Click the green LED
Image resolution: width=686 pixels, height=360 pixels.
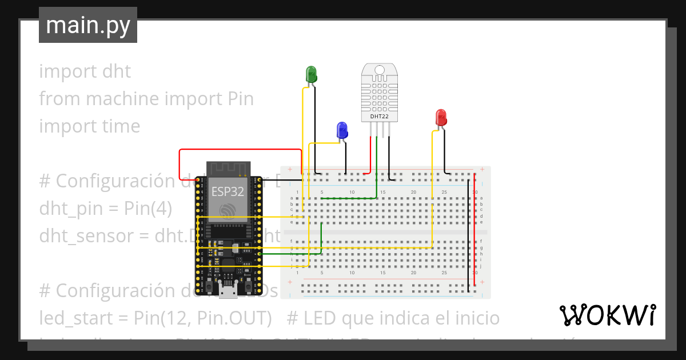pyautogui.click(x=312, y=74)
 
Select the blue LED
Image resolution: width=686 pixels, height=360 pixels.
pyautogui.click(x=342, y=130)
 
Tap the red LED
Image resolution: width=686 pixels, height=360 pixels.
pyautogui.click(x=441, y=118)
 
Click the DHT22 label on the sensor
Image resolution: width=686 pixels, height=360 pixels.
pyautogui.click(x=379, y=116)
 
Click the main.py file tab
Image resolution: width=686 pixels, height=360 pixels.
pyautogui.click(x=88, y=26)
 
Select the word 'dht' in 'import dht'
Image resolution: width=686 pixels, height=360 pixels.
pyautogui.click(x=116, y=71)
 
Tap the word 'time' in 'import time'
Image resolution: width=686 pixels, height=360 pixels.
pyautogui.click(x=121, y=126)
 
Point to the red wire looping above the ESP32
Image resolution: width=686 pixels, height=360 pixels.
pyautogui.click(x=240, y=150)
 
